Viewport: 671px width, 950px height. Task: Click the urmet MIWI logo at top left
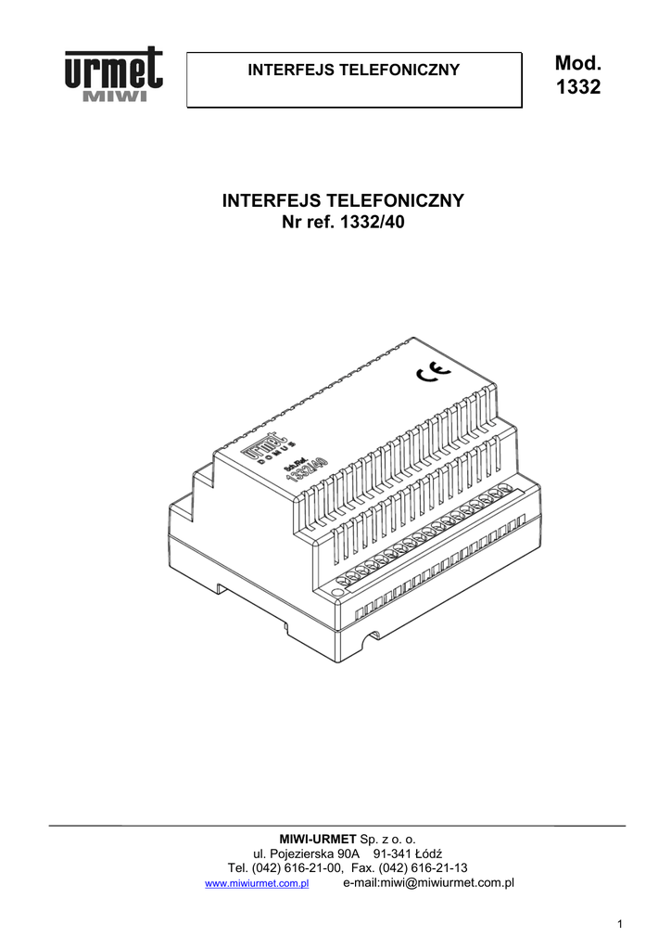point(113,76)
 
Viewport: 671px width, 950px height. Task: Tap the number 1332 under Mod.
point(578,88)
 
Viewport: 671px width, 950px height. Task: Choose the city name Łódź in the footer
point(431,854)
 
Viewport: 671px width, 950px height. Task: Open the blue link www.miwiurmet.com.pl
point(256,884)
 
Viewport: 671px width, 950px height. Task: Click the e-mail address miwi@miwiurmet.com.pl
point(428,883)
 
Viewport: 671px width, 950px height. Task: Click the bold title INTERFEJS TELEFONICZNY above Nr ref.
point(343,201)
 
